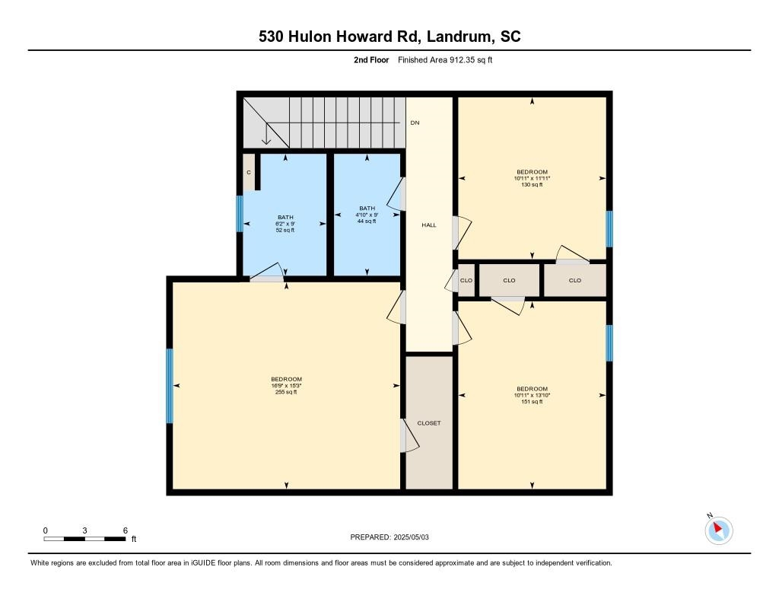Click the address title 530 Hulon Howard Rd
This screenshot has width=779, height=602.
(x=389, y=37)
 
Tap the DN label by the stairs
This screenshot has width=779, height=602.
(x=415, y=123)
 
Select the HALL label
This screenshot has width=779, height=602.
(x=429, y=225)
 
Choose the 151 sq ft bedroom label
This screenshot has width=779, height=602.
(x=532, y=401)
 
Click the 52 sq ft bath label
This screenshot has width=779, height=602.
(x=285, y=230)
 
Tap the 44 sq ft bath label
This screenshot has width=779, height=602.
(x=367, y=221)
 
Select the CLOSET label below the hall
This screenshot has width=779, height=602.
(x=429, y=423)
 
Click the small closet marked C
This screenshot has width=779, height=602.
(x=249, y=173)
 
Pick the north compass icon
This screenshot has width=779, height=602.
(x=719, y=530)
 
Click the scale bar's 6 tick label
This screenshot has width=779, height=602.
(x=125, y=530)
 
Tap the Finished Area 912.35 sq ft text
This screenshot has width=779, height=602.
(x=445, y=60)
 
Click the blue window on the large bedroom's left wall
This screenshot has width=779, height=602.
(x=170, y=386)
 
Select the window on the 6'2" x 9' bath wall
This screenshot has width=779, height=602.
(x=240, y=214)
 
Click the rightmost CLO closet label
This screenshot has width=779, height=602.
(x=574, y=280)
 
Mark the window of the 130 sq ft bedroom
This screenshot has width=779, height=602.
(x=609, y=229)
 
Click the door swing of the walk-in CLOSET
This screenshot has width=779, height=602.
(x=410, y=437)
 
